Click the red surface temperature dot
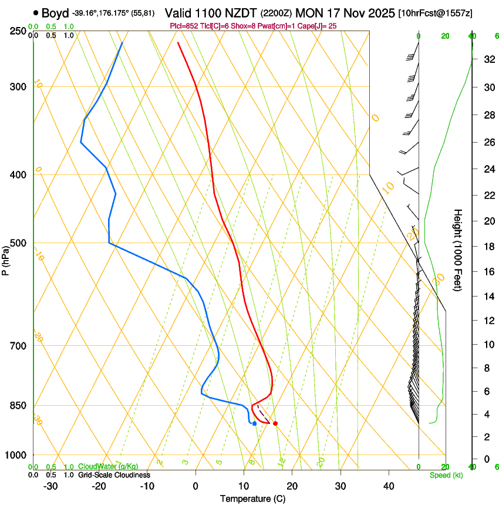tap(275, 423)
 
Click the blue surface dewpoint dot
tap(254, 423)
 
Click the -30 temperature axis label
tap(50, 486)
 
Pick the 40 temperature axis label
tap(389, 486)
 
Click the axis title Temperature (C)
tap(252, 499)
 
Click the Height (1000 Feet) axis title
tap(458, 250)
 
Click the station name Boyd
tap(55, 12)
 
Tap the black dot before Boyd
tap(36, 12)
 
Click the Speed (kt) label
tap(446, 475)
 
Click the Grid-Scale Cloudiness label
tap(114, 475)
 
